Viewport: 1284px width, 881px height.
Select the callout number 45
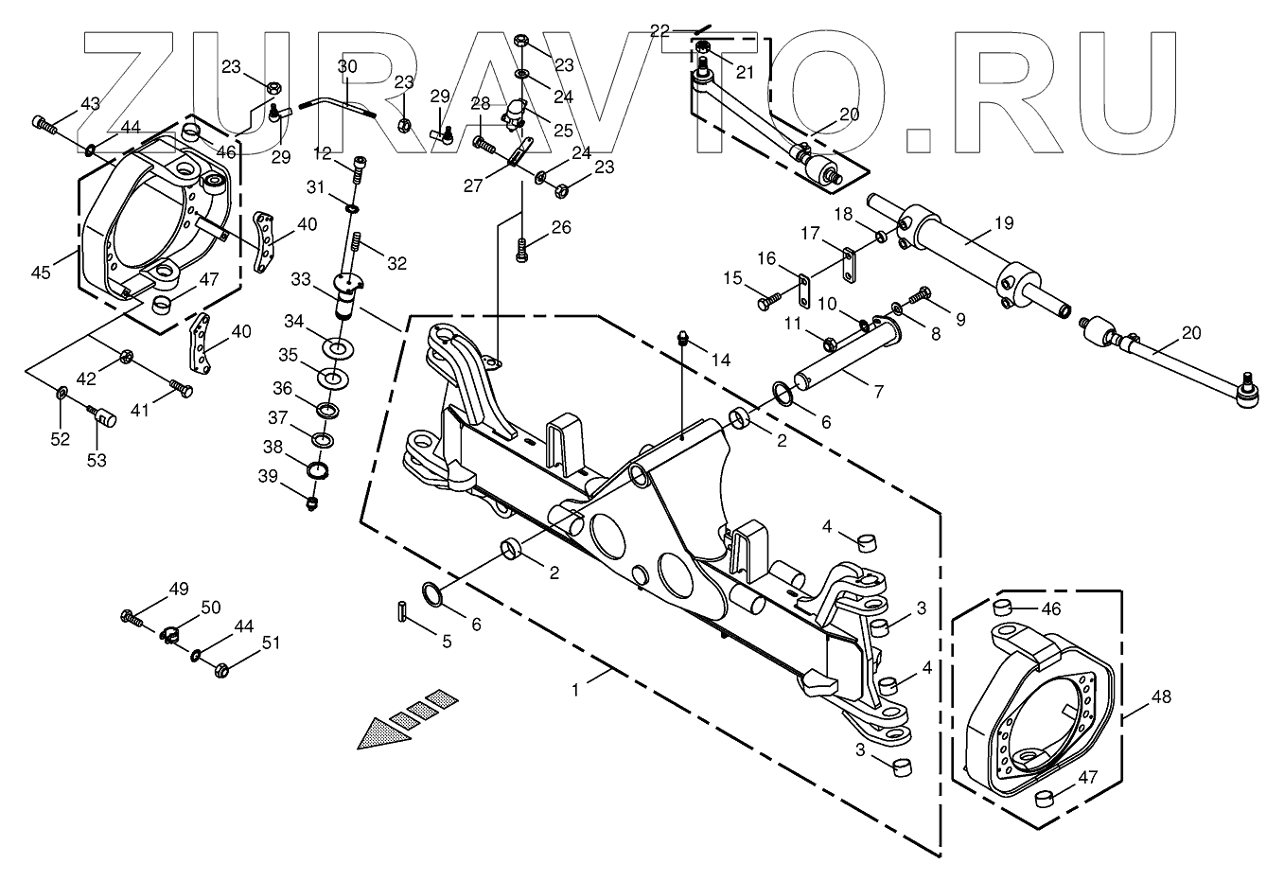[41, 273]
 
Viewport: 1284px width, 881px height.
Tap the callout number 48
[1162, 697]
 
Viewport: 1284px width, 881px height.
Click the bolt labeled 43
[43, 122]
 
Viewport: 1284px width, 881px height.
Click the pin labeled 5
[401, 610]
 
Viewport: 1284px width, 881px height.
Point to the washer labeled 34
[336, 347]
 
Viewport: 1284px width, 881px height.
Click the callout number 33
[301, 279]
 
